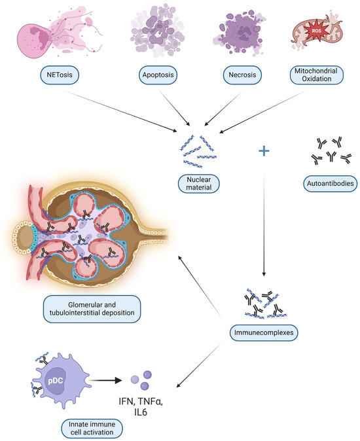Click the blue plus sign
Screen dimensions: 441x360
264,151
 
